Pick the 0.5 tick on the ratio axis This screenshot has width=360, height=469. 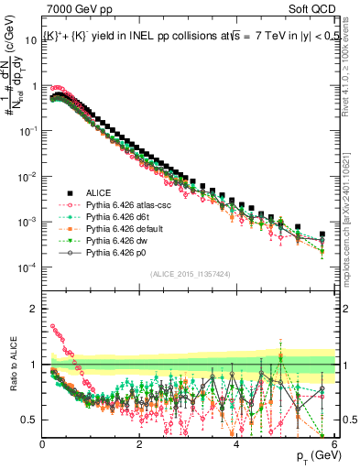(30, 420)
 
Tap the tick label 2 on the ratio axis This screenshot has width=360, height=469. (35, 309)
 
